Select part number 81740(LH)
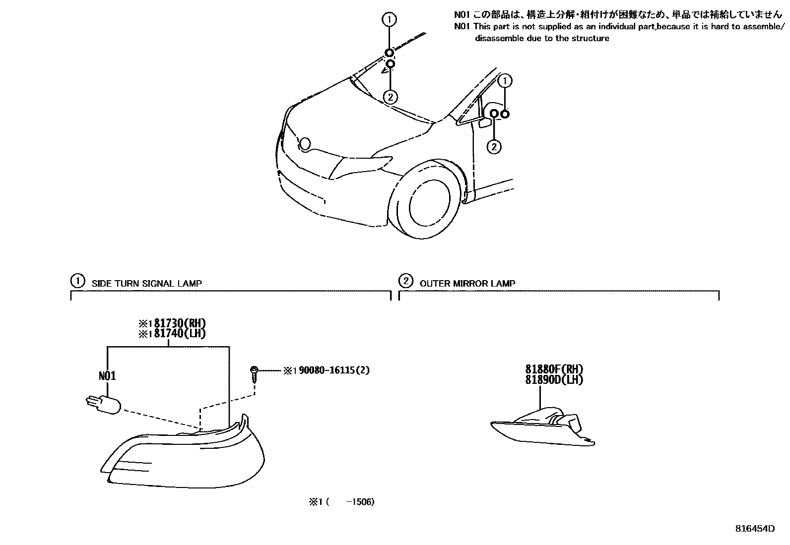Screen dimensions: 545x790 pos(176,334)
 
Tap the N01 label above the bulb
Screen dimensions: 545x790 pos(107,376)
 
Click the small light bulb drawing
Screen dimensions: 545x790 pos(104,405)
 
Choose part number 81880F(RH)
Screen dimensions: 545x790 pos(554,369)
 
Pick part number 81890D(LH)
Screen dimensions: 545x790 pos(554,380)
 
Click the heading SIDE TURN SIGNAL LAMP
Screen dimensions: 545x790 pos(147,284)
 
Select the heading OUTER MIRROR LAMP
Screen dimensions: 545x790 pos(467,284)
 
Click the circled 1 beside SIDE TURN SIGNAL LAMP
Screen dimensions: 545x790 pos(77,282)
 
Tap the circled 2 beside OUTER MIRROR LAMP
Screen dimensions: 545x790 pos(406,282)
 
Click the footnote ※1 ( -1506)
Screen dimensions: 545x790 pos(341,502)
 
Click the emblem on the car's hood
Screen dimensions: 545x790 pos(305,144)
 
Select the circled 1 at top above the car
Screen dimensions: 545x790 pos(390,20)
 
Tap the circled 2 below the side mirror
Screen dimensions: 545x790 pos(494,146)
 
